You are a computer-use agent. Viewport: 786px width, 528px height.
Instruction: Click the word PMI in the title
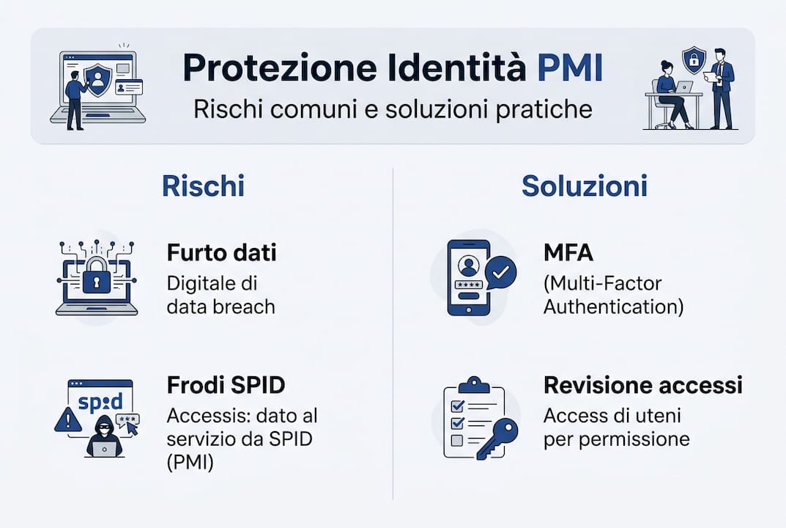570,67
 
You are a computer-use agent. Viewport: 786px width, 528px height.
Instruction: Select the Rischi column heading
203,186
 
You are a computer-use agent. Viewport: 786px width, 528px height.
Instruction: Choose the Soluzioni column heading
584,186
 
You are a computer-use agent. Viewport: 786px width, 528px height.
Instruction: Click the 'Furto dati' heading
221,253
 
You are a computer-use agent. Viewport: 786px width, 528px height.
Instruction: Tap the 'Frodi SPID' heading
226,386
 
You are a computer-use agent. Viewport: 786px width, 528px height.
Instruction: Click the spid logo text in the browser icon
99,403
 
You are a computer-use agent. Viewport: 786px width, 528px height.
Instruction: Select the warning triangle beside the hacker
67,419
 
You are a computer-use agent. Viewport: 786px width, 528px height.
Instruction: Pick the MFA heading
568,253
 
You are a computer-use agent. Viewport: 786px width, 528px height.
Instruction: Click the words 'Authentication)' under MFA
613,306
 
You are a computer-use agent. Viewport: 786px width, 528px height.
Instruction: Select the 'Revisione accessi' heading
642,386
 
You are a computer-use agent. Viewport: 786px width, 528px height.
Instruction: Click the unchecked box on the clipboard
456,440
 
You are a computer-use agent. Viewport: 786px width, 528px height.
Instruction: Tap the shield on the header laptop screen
97,76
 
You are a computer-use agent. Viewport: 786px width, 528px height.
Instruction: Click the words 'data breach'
220,306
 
